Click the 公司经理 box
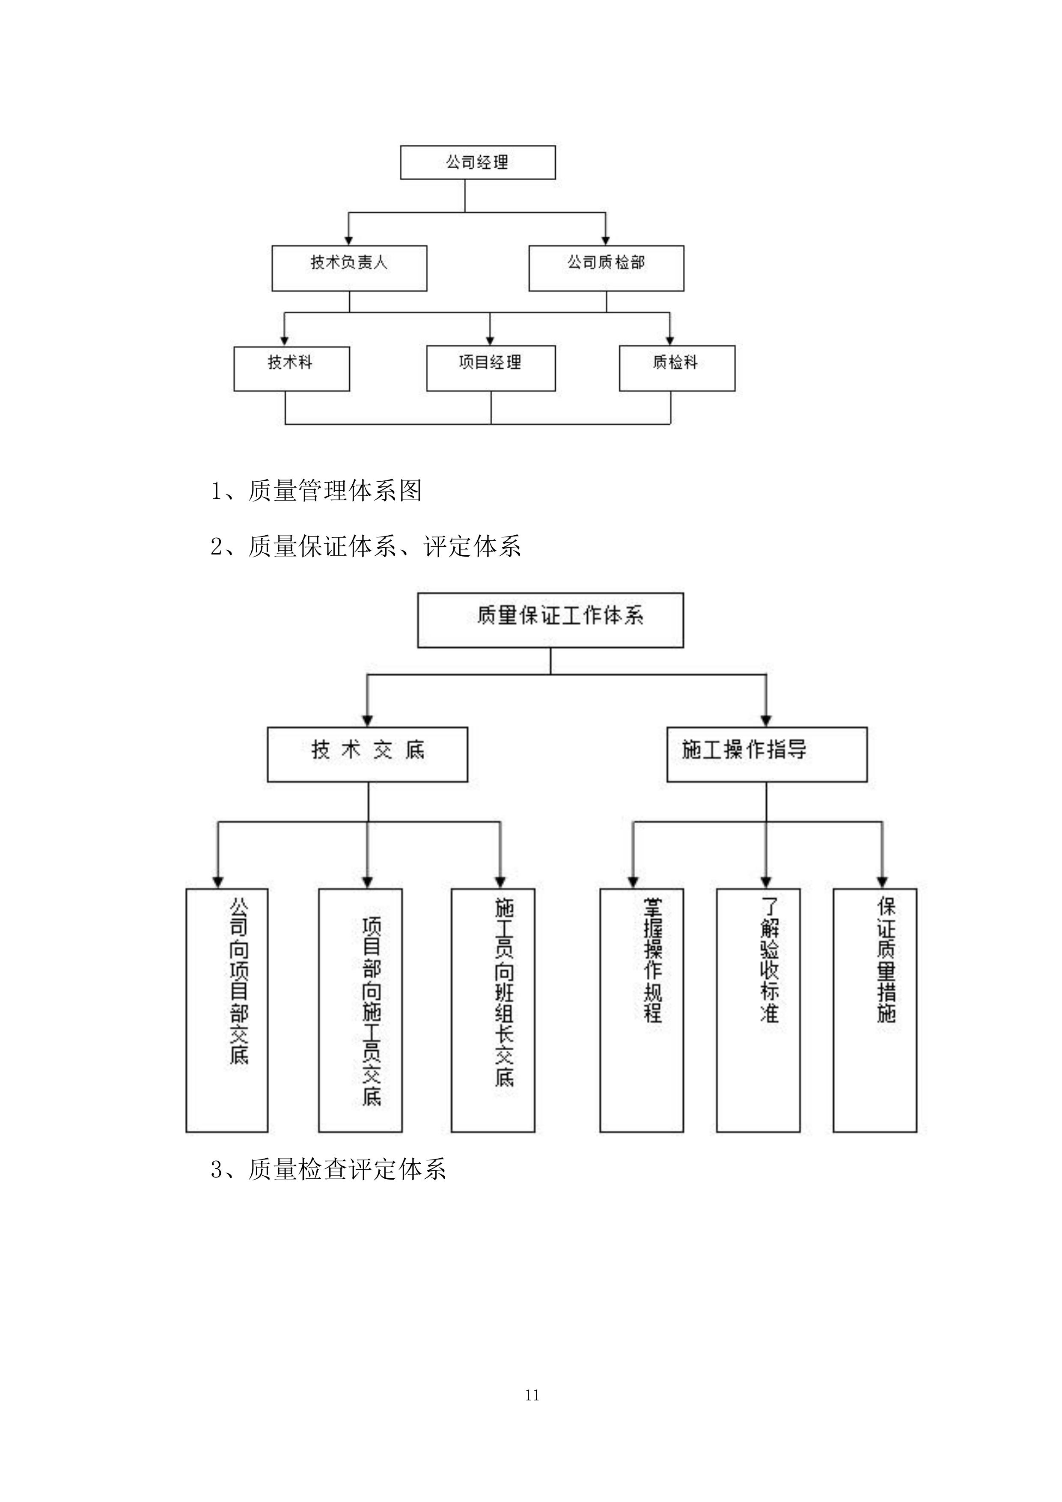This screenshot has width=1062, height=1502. (x=477, y=162)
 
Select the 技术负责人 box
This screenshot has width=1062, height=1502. (x=349, y=268)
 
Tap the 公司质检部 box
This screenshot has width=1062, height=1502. (x=606, y=268)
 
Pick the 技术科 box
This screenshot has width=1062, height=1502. (x=292, y=368)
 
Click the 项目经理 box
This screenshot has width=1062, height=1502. (x=491, y=368)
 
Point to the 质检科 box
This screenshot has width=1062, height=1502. (x=677, y=368)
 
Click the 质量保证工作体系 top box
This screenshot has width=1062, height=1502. (x=550, y=620)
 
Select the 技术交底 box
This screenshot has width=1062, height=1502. (x=368, y=754)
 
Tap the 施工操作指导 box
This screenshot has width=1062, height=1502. (x=766, y=754)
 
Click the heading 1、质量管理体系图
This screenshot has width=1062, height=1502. (x=316, y=491)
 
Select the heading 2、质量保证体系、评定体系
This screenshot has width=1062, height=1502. (x=365, y=546)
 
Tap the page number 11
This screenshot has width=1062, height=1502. (x=532, y=1395)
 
